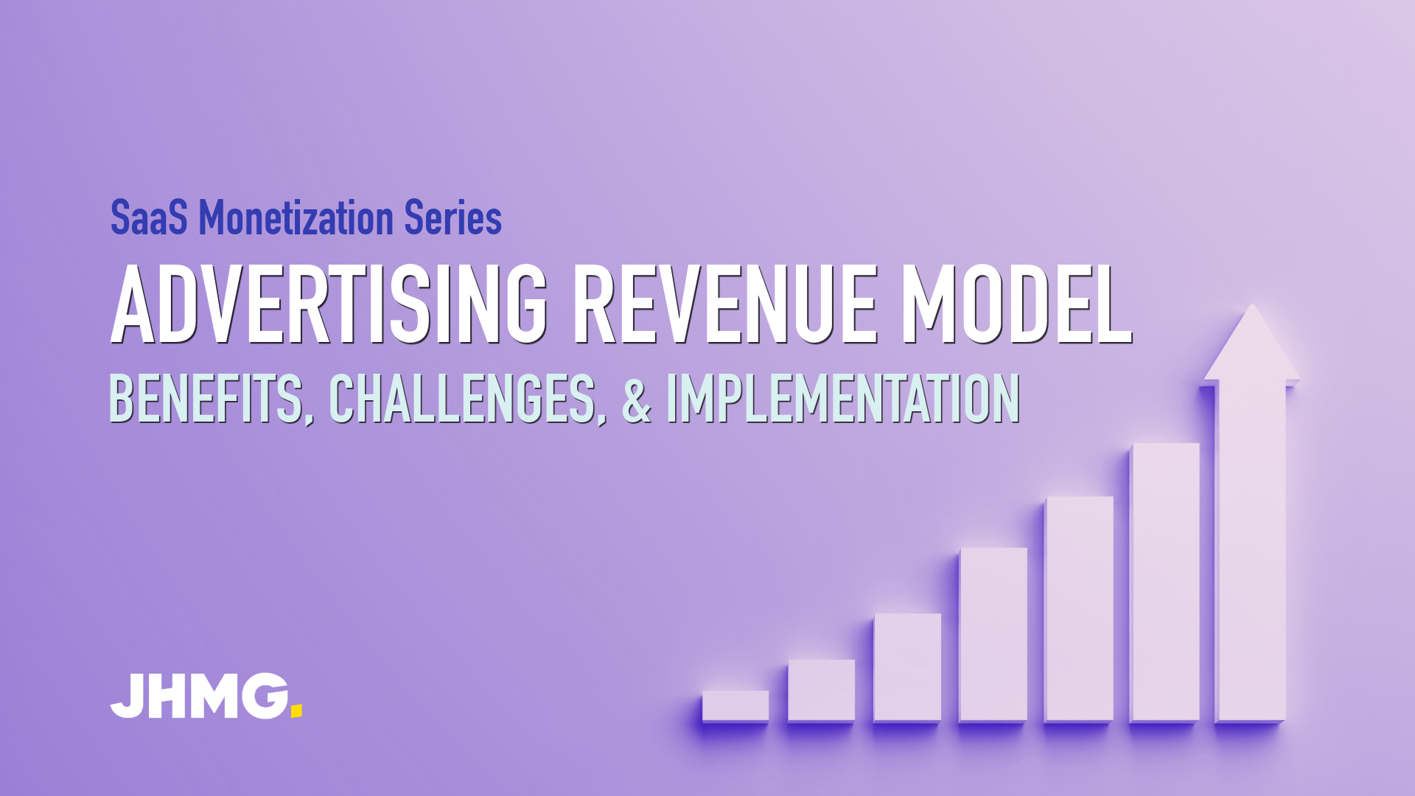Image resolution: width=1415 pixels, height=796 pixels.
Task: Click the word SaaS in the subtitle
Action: [148, 217]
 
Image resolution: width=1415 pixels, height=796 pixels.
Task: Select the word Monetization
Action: [296, 217]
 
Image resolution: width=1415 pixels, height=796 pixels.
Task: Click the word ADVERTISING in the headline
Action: [329, 304]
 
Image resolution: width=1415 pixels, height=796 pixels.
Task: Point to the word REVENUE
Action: [726, 304]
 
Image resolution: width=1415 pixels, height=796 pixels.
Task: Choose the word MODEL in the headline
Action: [1017, 304]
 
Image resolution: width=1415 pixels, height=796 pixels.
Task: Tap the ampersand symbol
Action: [637, 399]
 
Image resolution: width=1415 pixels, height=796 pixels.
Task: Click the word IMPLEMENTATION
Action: [843, 399]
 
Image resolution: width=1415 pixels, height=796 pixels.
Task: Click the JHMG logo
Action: [206, 696]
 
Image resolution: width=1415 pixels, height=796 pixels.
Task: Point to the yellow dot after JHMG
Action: [296, 711]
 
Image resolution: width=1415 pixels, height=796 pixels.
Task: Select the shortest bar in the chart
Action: [736, 705]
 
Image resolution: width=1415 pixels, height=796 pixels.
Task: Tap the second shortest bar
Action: [821, 690]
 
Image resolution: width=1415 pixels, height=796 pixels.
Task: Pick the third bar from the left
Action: [907, 667]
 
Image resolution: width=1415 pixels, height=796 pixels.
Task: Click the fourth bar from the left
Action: [993, 634]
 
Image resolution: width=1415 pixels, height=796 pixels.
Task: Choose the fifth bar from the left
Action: [1079, 609]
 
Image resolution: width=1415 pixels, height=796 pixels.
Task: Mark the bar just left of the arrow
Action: [1165, 582]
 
